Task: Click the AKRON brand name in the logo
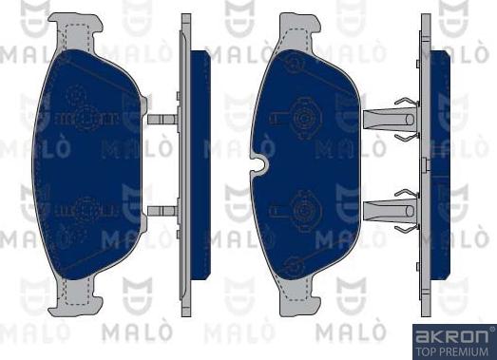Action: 451,336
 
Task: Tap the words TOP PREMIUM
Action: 451,351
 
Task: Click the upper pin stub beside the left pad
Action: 162,119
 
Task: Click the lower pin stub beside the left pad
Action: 162,211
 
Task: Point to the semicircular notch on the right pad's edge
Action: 260,164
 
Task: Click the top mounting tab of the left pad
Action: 75,31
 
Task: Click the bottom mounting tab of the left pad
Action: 75,298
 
